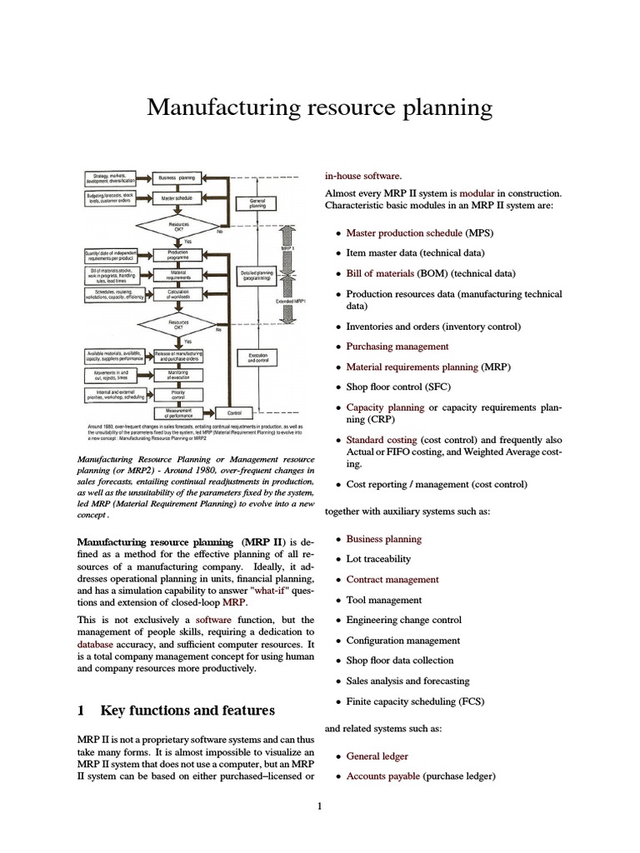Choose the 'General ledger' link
(377, 756)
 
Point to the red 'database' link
(95, 645)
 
